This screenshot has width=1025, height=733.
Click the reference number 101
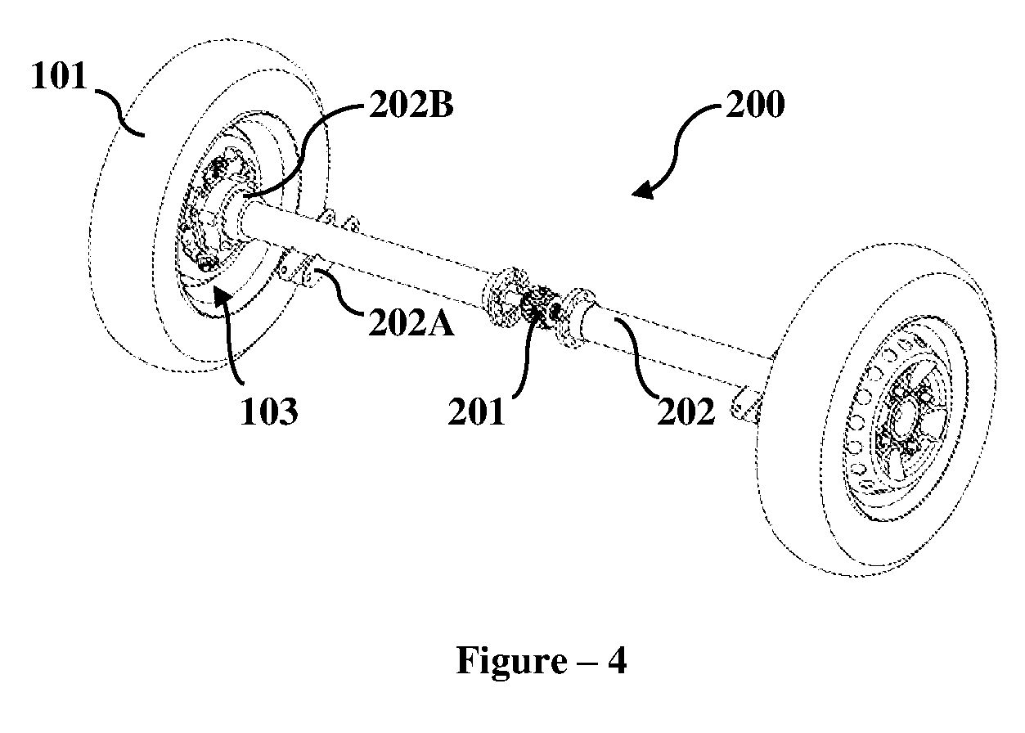[x=59, y=76]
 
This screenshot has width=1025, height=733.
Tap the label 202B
[x=411, y=105]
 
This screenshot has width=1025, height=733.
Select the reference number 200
[x=755, y=105]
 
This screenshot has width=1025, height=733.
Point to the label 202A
[x=411, y=323]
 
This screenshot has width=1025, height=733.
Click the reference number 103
[x=269, y=411]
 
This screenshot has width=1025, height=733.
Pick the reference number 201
[x=476, y=411]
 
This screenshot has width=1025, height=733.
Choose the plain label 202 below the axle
[x=686, y=411]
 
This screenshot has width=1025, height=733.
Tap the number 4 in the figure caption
[x=617, y=660]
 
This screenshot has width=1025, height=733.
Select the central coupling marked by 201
[x=540, y=307]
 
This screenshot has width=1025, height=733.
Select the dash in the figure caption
[x=587, y=663]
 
